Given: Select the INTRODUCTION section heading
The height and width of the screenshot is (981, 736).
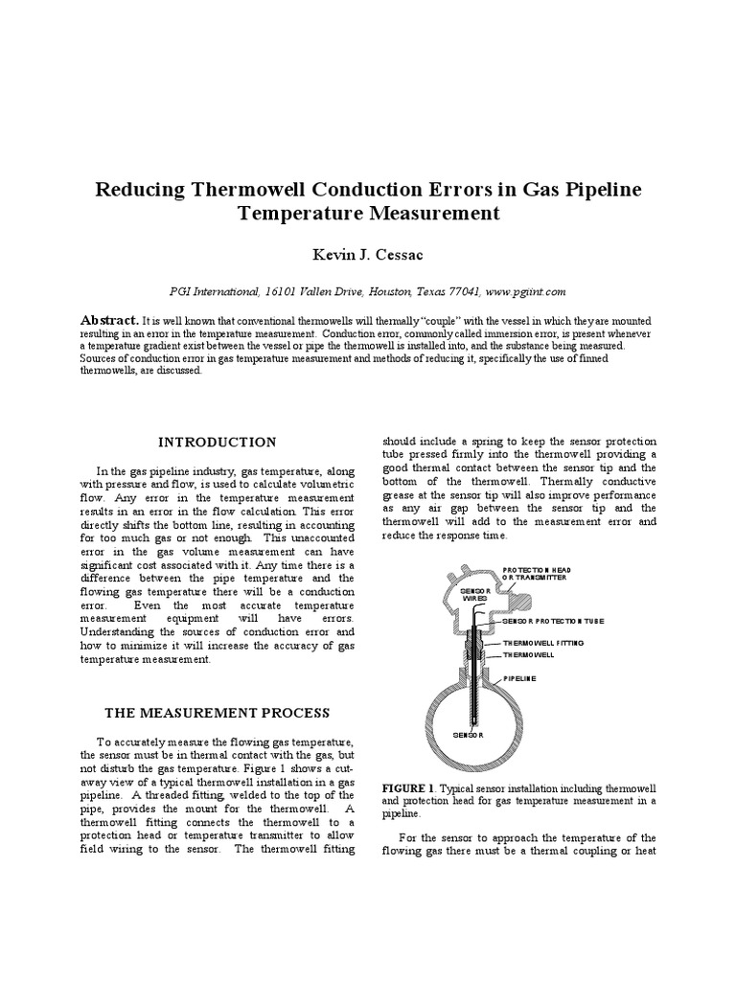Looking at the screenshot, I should [218, 442].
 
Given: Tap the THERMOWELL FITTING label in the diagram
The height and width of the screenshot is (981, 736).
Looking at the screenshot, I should [542, 643].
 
